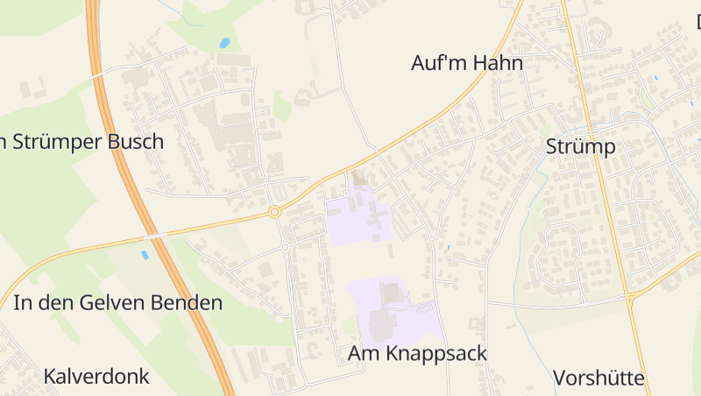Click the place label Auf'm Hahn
[467, 63]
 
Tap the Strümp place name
[580, 146]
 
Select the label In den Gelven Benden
[118, 303]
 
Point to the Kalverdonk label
[96, 377]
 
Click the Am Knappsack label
[417, 353]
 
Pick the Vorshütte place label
[598, 378]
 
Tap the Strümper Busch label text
[83, 141]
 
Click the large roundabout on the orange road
[274, 212]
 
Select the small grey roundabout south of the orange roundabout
[285, 247]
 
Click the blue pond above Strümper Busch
[225, 42]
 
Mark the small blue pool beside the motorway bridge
[145, 255]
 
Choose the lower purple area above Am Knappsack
[394, 311]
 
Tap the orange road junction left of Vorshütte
[630, 299]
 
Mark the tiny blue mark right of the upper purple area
[449, 249]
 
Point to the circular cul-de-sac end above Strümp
[600, 33]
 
